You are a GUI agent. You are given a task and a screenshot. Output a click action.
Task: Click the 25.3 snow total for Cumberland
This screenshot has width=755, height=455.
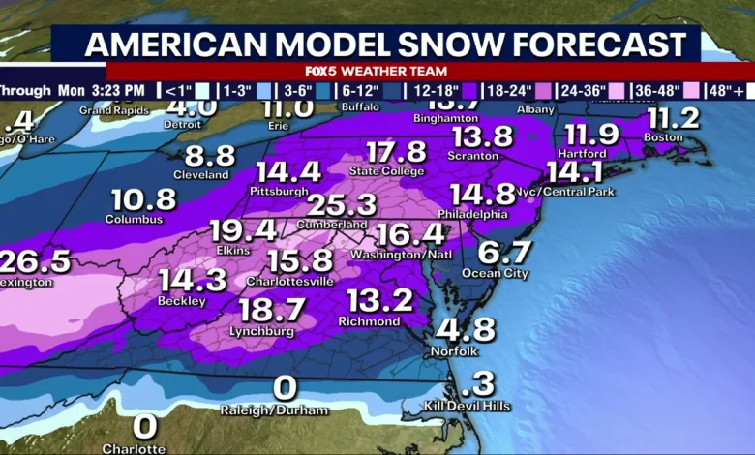pos(342,205)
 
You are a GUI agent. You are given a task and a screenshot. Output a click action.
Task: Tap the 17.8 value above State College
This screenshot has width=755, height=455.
pos(396,153)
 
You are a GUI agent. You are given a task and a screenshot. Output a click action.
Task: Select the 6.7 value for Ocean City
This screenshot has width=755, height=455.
pos(505,253)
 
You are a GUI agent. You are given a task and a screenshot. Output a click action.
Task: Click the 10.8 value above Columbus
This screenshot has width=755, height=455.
pos(143,200)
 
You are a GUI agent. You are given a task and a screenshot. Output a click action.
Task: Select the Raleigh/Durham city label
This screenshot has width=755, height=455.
pos(274,410)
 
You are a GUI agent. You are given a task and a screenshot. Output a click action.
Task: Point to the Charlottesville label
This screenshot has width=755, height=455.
pos(290,281)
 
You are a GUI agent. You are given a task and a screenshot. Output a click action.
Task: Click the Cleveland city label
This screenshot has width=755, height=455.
pos(201,175)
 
